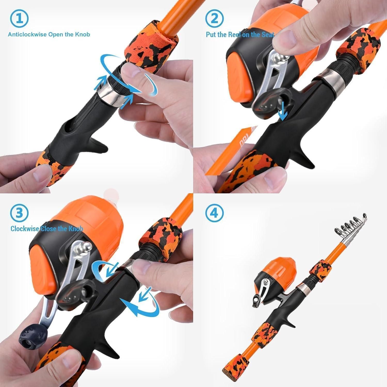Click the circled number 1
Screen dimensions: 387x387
(x=19, y=18)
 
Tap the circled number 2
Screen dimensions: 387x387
(x=214, y=18)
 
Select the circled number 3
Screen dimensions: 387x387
(x=19, y=213)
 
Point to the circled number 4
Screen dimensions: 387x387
(x=214, y=213)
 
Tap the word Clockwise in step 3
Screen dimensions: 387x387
(x=25, y=229)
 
